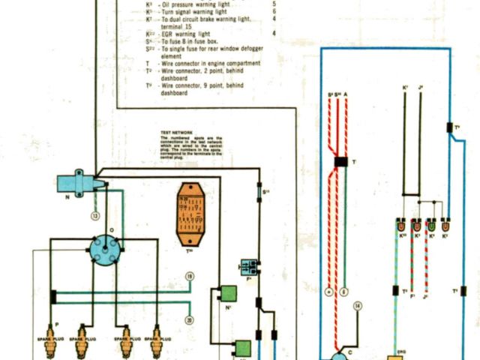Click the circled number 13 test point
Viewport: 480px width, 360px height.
tap(95, 216)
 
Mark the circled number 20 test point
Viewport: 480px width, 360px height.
tap(189, 320)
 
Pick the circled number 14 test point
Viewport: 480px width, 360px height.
tap(358, 307)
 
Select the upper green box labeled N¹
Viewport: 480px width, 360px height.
tap(227, 293)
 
